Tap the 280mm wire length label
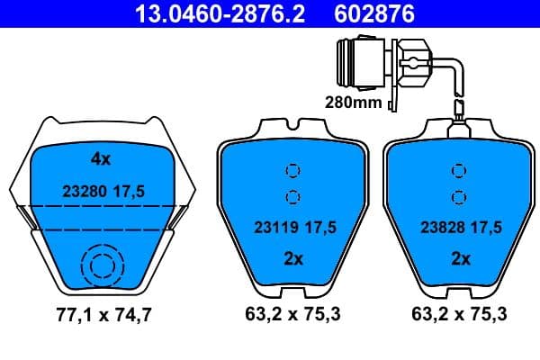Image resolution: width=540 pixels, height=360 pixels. click(x=353, y=103)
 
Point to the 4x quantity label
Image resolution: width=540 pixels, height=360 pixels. click(x=100, y=159)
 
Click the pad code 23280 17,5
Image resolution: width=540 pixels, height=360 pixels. click(x=103, y=191)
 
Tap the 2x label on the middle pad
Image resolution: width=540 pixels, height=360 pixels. click(x=292, y=259)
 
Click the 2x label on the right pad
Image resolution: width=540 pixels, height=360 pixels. click(x=460, y=259)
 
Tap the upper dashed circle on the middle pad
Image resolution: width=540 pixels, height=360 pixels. click(x=292, y=170)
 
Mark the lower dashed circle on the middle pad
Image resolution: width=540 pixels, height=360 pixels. click(x=292, y=197)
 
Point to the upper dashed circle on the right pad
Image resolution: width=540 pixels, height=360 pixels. click(x=460, y=170)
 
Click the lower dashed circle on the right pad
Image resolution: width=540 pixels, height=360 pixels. click(x=460, y=197)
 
